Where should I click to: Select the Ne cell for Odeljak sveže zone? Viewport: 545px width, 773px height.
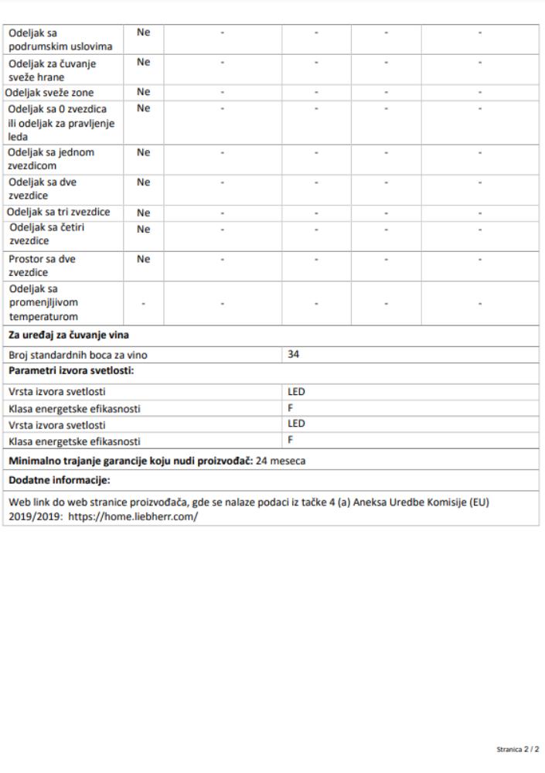tap(143, 92)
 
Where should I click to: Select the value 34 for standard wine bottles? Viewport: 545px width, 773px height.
tap(293, 355)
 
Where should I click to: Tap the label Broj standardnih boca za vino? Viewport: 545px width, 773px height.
tap(78, 356)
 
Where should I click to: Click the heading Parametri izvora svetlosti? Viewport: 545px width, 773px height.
tap(72, 373)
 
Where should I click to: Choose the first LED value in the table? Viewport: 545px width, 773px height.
tap(296, 392)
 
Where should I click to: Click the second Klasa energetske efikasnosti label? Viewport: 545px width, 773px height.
tap(75, 442)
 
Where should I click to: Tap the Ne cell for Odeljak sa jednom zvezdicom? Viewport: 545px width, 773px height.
tap(143, 152)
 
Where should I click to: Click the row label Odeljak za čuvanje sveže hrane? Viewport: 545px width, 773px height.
tap(53, 70)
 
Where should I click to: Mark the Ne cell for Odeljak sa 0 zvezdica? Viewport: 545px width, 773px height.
tap(143, 108)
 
